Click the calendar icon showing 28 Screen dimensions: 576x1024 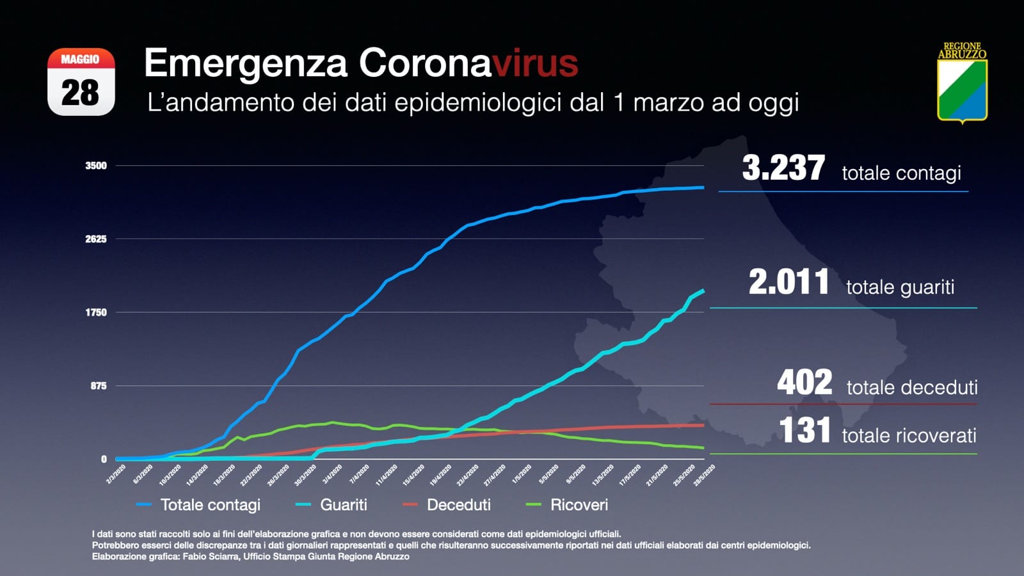tap(81, 82)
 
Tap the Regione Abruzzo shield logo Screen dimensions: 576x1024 tap(962, 83)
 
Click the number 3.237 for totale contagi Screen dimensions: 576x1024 tap(783, 168)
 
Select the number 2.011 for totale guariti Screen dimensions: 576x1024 tap(788, 282)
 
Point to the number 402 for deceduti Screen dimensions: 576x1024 tap(804, 383)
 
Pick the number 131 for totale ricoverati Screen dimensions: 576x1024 tap(804, 430)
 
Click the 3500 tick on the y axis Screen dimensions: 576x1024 tap(96, 166)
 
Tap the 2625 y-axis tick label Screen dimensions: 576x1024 tap(96, 239)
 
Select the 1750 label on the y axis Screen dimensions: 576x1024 tap(96, 312)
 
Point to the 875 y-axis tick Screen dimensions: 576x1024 tap(99, 386)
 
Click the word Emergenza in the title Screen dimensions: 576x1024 tap(246, 63)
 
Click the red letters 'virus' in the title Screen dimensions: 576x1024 tap(535, 63)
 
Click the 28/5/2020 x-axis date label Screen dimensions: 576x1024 tap(704, 475)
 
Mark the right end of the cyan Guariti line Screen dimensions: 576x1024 tap(703, 291)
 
